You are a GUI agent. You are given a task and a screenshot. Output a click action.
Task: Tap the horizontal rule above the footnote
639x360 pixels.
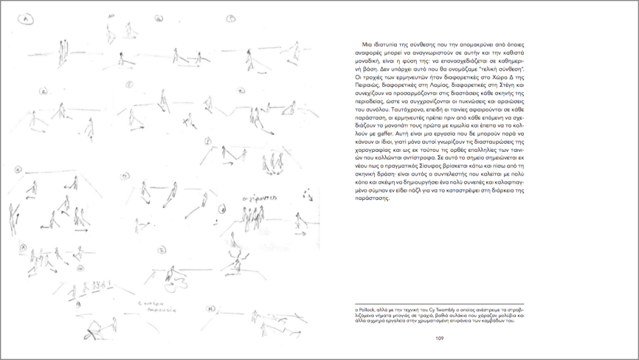click(x=437, y=303)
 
